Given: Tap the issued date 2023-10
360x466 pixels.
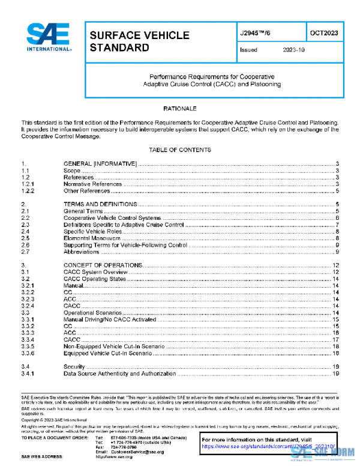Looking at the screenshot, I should (x=293, y=50).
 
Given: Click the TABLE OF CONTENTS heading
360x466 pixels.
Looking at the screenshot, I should (x=180, y=150).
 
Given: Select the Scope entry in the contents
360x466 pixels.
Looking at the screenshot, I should (x=72, y=171).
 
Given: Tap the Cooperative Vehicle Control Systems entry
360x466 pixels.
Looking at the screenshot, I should (x=112, y=218).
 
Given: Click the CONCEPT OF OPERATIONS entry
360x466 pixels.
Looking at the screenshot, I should (x=103, y=265).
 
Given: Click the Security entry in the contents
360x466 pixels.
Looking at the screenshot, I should (x=74, y=366).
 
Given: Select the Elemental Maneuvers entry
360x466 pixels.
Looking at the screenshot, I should (x=92, y=238).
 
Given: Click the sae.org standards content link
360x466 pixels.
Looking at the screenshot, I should (x=264, y=447).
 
